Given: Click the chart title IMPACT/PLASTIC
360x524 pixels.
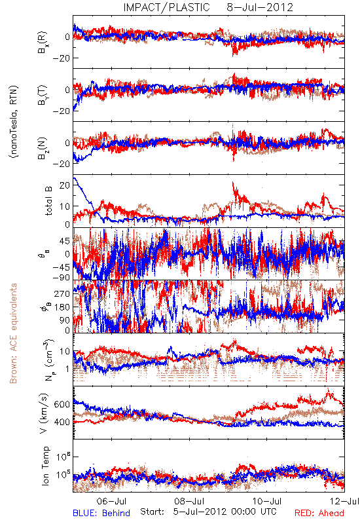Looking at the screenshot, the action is point(167,7).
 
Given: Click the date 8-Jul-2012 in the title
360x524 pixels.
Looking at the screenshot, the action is point(260,7).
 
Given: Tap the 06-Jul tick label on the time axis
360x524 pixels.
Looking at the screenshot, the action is point(111,501).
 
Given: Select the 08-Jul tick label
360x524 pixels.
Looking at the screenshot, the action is point(189,501).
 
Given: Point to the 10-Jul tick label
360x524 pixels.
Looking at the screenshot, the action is point(267,501).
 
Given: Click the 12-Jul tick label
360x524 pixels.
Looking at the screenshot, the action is point(344,501).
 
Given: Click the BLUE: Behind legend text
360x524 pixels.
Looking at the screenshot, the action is point(101,513).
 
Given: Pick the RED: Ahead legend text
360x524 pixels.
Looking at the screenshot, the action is point(319,513).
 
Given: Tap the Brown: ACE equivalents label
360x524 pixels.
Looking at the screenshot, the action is point(13,333).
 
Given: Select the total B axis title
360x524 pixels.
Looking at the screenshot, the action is point(48,200).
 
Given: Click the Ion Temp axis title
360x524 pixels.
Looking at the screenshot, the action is point(45,466).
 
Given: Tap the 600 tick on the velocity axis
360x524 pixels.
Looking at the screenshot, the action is point(62,404).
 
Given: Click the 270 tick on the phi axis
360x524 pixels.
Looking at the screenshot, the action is point(62,293).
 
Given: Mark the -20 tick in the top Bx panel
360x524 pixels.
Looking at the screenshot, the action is point(60,58).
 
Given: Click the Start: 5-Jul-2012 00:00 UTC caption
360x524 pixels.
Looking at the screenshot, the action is point(208,512).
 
